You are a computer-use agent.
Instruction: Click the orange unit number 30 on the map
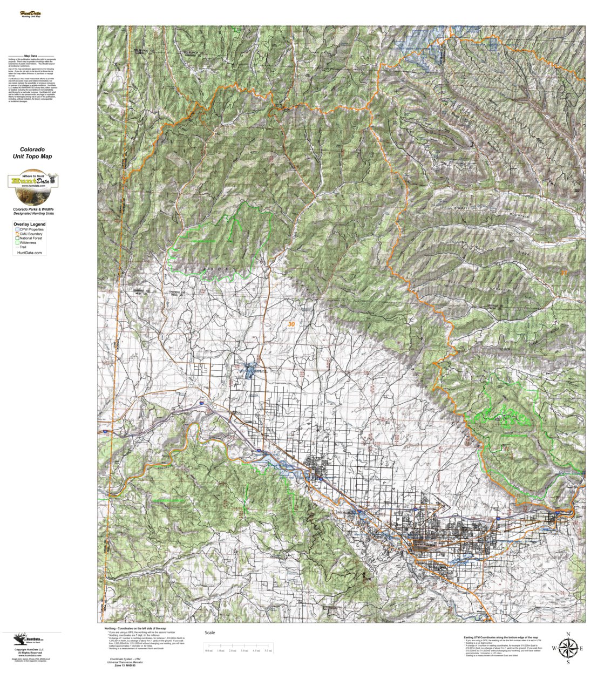(291, 324)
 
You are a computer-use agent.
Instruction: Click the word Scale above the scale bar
(209, 633)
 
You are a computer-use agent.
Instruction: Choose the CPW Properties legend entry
(30, 229)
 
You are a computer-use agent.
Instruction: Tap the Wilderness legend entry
(27, 242)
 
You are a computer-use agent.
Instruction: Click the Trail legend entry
(24, 247)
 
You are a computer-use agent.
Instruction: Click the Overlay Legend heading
(30, 224)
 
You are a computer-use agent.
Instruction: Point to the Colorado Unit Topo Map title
(32, 153)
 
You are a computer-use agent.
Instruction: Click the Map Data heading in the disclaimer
(30, 56)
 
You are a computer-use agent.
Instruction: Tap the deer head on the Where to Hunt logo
(53, 178)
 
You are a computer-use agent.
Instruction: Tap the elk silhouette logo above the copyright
(19, 640)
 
